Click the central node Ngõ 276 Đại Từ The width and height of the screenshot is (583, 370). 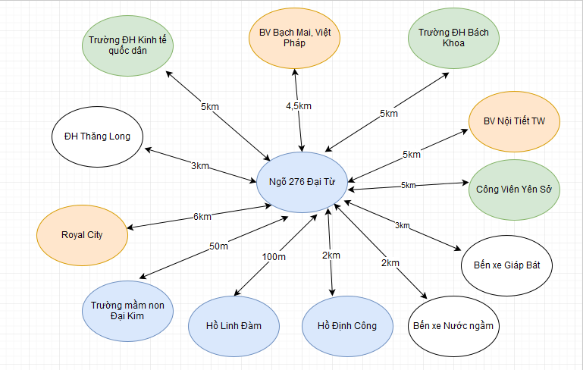[302, 182]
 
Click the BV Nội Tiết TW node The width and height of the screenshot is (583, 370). [514, 121]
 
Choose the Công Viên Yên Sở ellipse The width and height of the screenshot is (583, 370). [514, 189]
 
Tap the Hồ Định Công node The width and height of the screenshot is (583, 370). [349, 326]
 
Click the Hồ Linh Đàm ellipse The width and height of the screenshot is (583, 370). [234, 326]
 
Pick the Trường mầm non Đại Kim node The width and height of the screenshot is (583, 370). [127, 310]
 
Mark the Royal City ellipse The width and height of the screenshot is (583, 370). [82, 234]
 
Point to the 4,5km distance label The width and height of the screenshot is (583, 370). [299, 106]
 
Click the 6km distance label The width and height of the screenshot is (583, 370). [202, 217]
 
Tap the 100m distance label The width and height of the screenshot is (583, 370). [274, 257]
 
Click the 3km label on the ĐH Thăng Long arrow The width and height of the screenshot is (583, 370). [200, 165]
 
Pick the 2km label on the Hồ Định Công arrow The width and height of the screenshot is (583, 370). [331, 256]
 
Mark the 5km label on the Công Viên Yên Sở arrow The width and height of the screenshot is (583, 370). [408, 185]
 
